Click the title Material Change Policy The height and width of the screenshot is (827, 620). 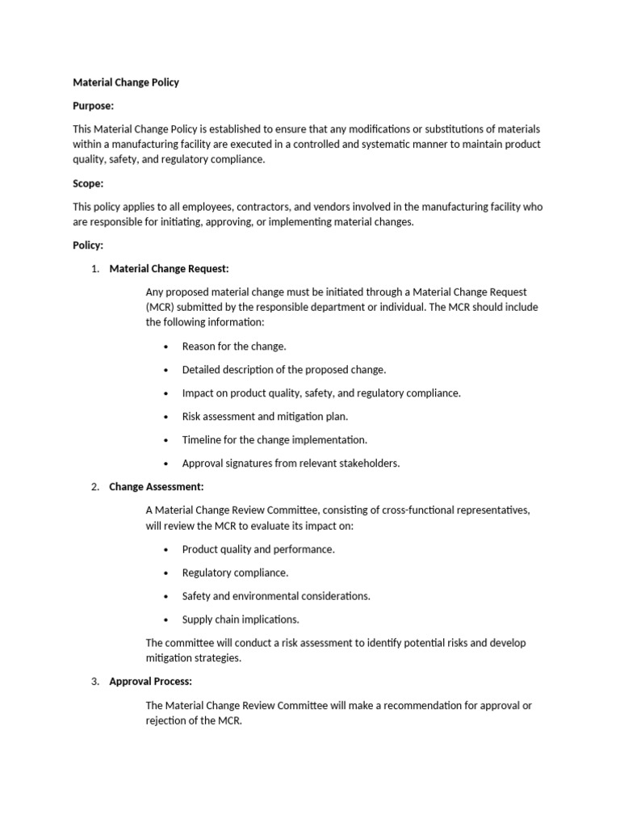(x=126, y=82)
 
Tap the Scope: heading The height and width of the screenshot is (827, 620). (x=88, y=183)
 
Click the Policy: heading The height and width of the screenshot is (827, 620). (x=88, y=246)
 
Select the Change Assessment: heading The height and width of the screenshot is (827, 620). (x=157, y=487)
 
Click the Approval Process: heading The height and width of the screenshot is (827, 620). (x=150, y=682)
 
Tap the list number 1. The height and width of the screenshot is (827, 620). (x=94, y=269)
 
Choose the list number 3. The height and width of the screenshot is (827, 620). (x=94, y=682)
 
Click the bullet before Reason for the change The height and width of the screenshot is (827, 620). (x=165, y=347)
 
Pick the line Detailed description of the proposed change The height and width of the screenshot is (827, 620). (x=284, y=370)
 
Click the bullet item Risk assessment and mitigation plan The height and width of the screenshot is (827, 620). (x=265, y=417)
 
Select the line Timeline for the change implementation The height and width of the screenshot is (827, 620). (x=274, y=440)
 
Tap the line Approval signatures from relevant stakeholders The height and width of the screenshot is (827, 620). (x=291, y=464)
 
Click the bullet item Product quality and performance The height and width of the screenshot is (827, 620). (x=258, y=549)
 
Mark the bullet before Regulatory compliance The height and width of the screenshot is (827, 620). (x=165, y=573)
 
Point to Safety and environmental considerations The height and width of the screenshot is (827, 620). (x=276, y=596)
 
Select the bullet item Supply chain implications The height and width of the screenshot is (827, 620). (x=241, y=619)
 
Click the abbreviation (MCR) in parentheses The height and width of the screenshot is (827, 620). (x=160, y=308)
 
